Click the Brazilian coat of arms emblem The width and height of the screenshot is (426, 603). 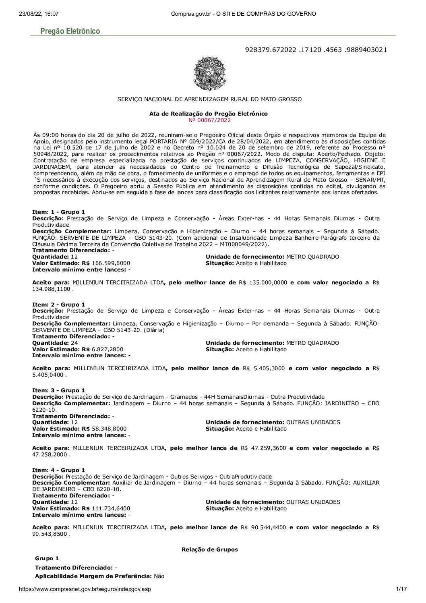point(210,73)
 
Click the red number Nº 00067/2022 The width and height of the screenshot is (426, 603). point(209,120)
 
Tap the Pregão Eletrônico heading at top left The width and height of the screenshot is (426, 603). point(70,31)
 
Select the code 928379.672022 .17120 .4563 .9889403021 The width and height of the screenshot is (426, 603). point(316,50)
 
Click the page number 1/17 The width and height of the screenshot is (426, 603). point(401,589)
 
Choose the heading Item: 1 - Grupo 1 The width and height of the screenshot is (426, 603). point(58,212)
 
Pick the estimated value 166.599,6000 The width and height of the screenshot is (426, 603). point(111,263)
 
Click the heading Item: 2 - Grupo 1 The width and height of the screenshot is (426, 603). point(58,305)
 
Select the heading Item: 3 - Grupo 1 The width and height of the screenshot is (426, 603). point(58,390)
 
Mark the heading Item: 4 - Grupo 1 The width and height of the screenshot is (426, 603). point(58,470)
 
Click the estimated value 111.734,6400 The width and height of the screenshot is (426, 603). point(111,508)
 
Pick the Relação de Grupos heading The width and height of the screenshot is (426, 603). point(210,549)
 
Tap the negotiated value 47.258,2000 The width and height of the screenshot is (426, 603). point(50,454)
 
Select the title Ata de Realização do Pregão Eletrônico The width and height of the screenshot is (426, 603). point(209,114)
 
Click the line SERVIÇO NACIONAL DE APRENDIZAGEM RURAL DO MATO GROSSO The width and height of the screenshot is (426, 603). point(209,99)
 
